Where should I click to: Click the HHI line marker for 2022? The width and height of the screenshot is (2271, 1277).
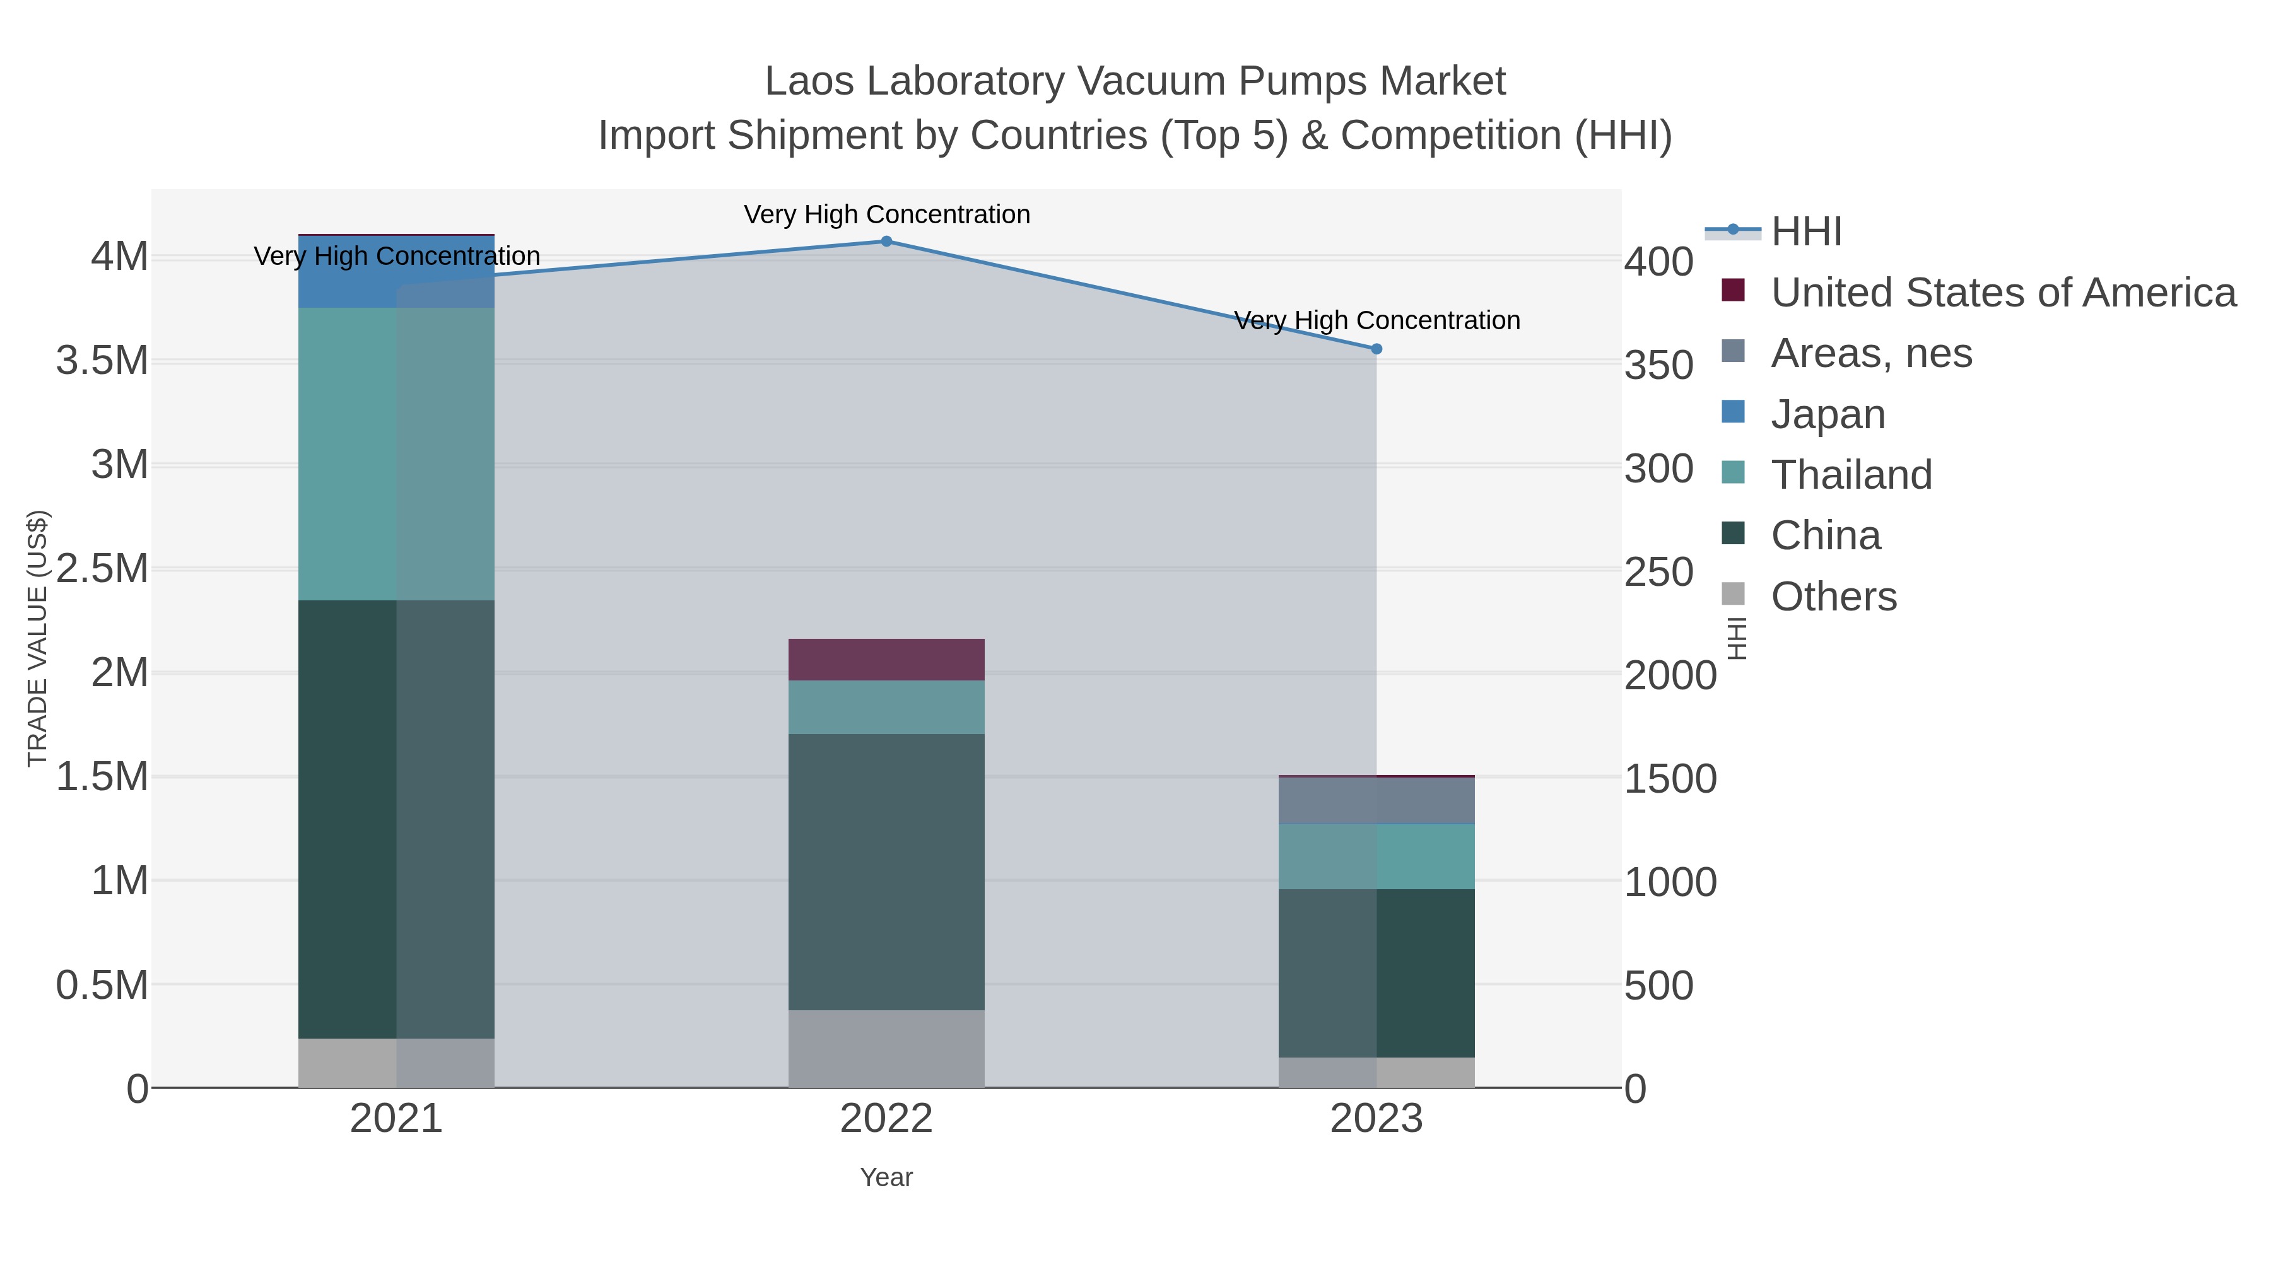886,242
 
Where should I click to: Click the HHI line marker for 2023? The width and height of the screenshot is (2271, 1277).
1376,349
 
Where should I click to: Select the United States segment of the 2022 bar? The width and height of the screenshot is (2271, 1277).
886,659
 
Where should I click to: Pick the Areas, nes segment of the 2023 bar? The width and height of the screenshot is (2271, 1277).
1376,800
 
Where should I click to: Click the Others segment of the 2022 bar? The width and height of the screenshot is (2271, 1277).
886,1048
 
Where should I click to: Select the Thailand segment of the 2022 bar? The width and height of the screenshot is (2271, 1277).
886,707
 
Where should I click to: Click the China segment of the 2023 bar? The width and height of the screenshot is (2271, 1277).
1376,973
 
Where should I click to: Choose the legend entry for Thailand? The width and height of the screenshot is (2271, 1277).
1851,475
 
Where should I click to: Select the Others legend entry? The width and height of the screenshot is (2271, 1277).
1834,597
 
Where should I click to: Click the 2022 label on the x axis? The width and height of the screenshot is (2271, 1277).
886,1119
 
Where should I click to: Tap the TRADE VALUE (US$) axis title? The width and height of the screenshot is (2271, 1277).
37,638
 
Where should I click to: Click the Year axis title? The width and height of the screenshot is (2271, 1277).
886,1177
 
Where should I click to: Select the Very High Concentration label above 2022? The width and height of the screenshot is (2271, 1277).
886,214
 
